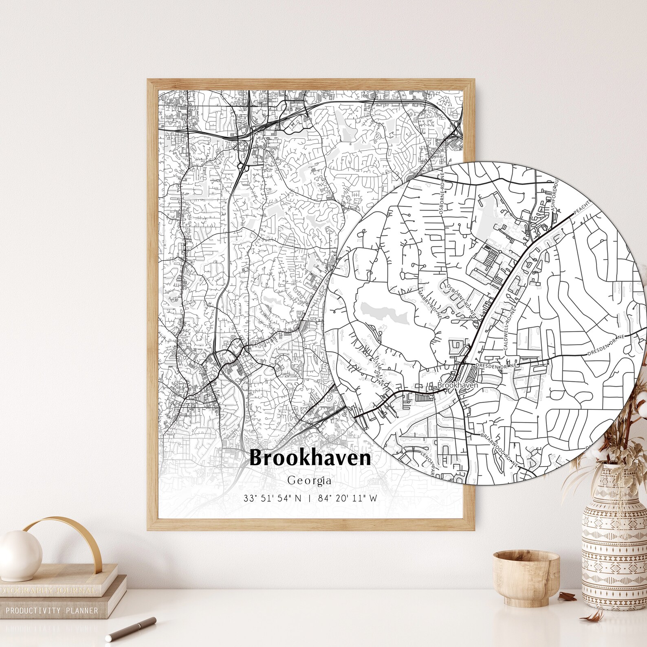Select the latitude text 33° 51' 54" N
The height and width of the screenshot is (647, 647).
point(272,498)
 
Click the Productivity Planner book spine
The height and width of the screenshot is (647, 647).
point(52,610)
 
